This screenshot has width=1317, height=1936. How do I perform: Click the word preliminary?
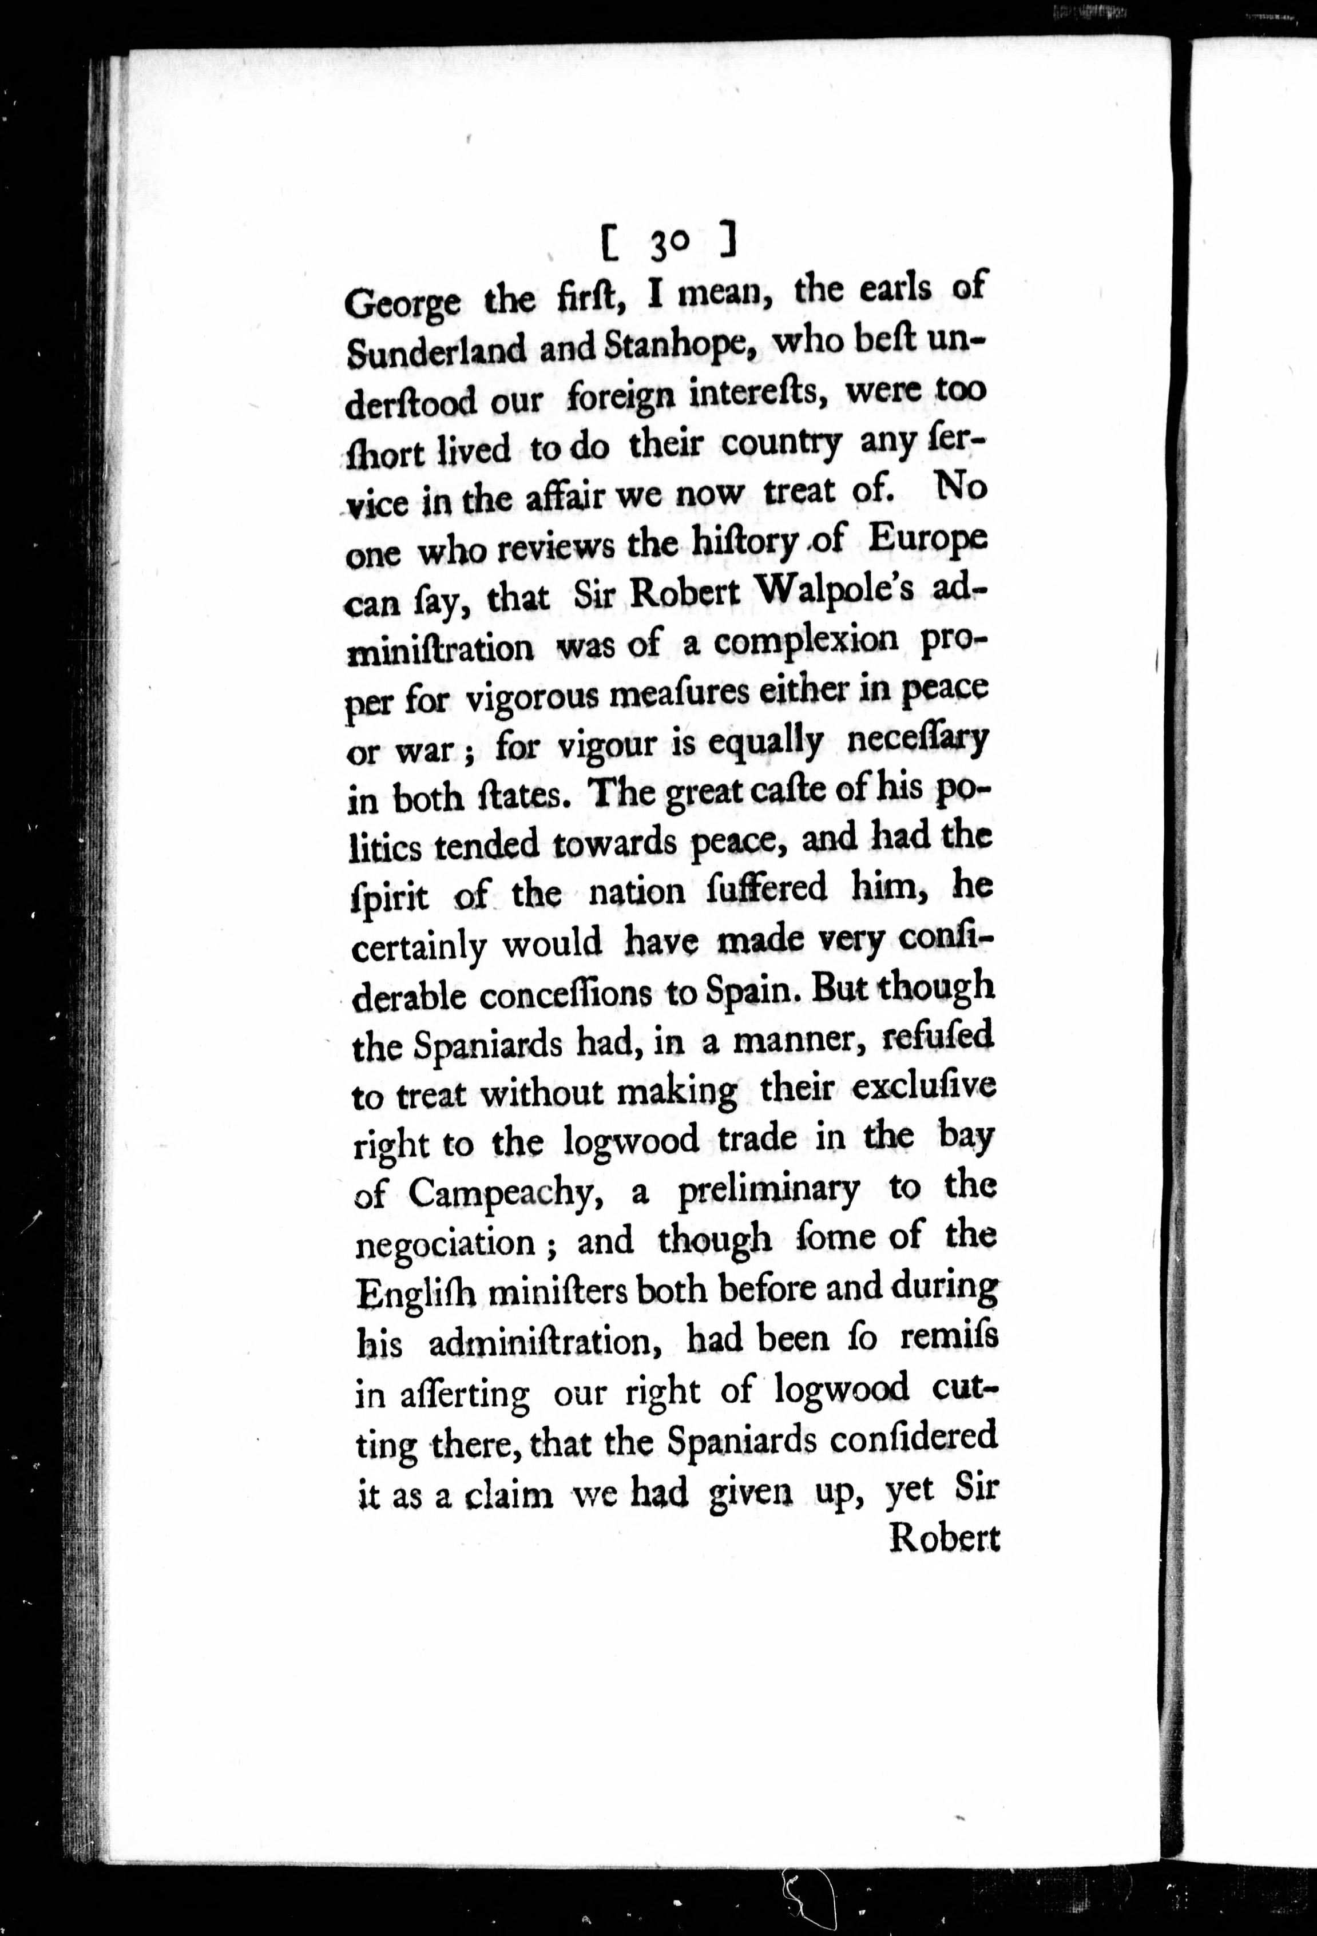click(x=767, y=1191)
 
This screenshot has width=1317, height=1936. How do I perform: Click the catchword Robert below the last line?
click(x=945, y=1538)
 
